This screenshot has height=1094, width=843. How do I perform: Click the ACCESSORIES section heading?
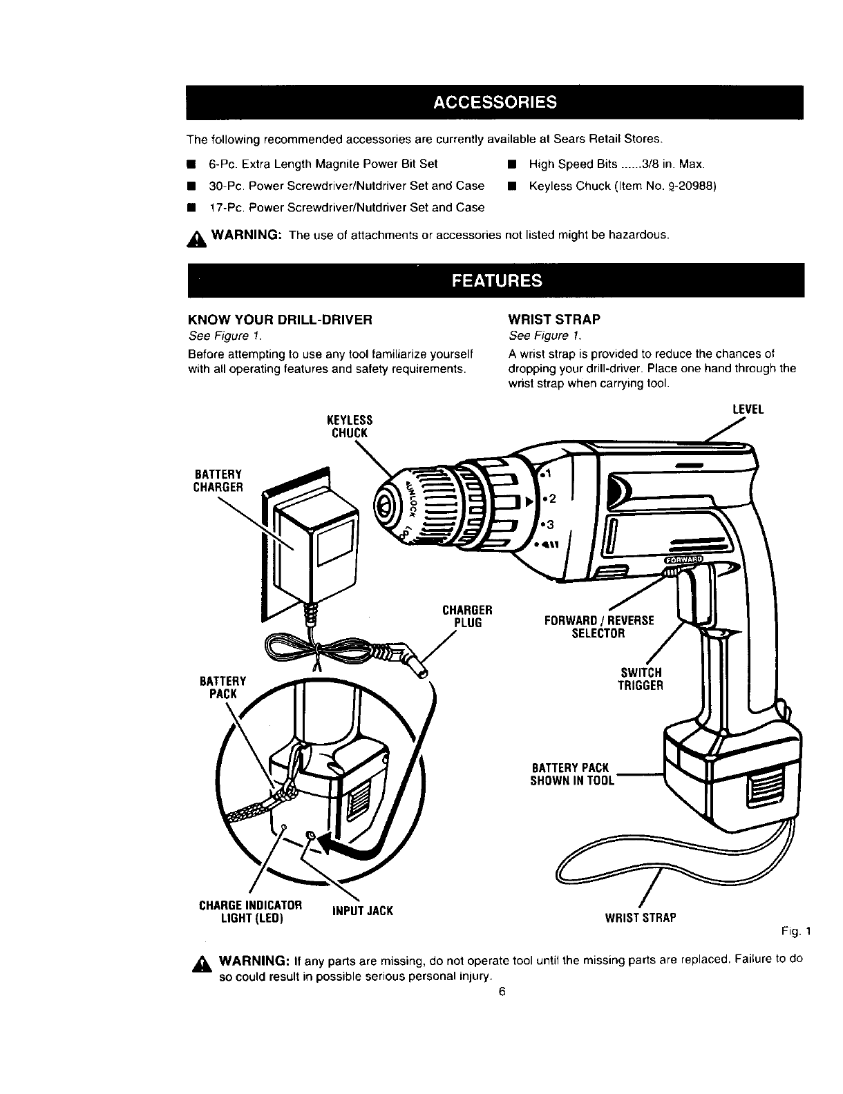[494, 102]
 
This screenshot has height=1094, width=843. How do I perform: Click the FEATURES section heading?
[496, 280]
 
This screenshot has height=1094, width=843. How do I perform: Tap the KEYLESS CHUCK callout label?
[349, 427]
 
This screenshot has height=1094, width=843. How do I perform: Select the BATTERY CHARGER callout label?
[219, 480]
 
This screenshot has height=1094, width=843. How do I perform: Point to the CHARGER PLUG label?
[466, 616]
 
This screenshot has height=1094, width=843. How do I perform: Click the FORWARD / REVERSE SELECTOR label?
[599, 626]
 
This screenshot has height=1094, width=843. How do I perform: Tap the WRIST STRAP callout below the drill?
[641, 918]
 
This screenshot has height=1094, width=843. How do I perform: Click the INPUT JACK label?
[362, 911]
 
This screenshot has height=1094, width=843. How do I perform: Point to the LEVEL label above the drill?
[748, 409]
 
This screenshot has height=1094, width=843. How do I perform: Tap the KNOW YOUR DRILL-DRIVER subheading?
[280, 320]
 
